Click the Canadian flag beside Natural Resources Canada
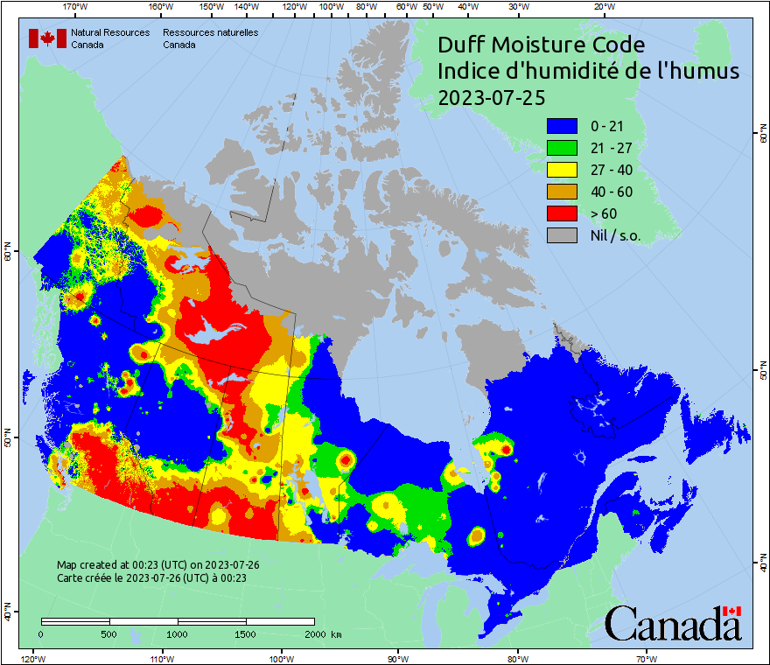coord(47,38)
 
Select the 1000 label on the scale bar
coord(178,634)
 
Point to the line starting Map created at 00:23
coord(157,565)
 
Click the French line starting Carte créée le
coord(151,577)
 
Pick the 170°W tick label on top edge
coord(76,6)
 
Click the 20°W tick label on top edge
coord(603,6)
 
